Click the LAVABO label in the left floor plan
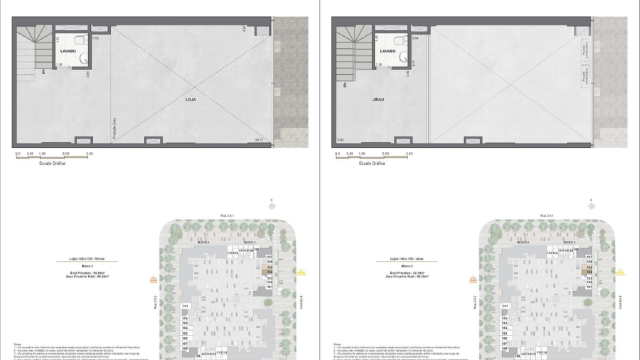coord(67,49)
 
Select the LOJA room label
coord(190,101)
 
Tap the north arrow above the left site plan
coord(271,202)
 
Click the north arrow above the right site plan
coord(591,202)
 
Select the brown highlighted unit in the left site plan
coord(266,269)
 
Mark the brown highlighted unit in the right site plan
coord(586,269)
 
